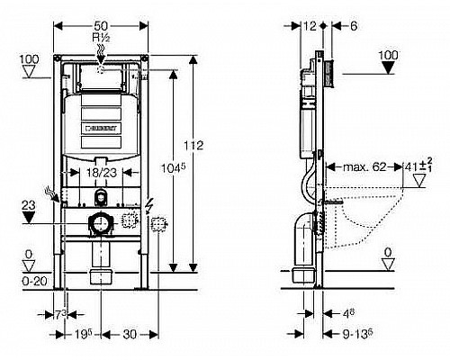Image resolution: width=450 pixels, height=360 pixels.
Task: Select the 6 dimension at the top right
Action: pyautogui.click(x=355, y=27)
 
